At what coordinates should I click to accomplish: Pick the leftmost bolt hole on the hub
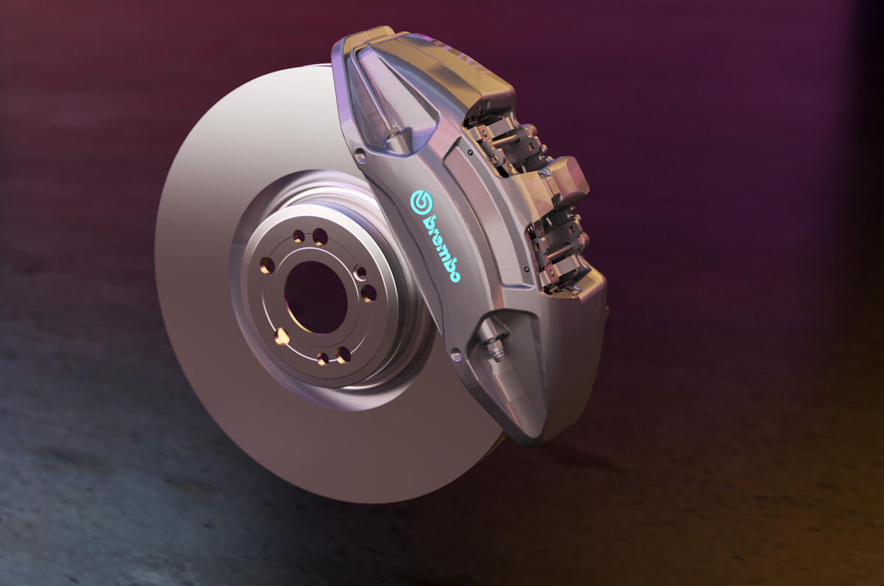[267, 265]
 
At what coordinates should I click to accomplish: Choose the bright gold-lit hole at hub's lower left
[281, 336]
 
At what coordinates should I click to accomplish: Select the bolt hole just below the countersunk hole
[368, 293]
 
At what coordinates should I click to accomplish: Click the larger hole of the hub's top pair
[320, 237]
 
